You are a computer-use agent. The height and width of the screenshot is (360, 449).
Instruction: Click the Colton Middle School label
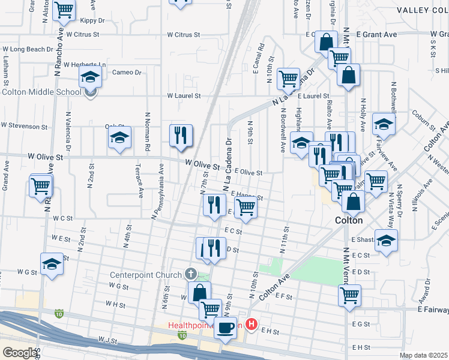[x=41, y=92]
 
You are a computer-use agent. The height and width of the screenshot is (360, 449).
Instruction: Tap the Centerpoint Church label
[x=145, y=275]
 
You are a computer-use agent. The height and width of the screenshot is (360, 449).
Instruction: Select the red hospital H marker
[x=252, y=325]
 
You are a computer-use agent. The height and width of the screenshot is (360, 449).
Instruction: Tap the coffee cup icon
[x=226, y=328]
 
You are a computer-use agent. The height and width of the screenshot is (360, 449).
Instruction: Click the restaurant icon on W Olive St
[x=181, y=136]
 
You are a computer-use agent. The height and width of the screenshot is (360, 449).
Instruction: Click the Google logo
[x=20, y=352]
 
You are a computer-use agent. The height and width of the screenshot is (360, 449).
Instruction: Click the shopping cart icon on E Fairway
[x=349, y=295]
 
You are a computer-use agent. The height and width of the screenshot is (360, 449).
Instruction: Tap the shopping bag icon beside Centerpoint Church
[x=199, y=292]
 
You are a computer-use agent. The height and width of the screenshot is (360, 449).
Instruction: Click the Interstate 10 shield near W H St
[x=58, y=313]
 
